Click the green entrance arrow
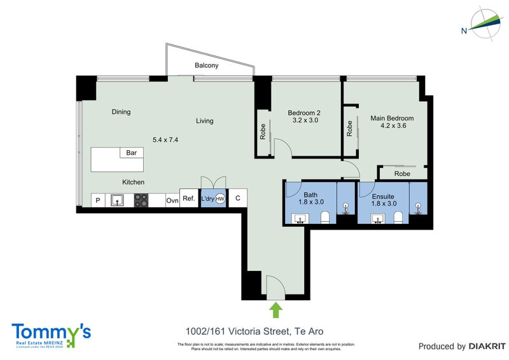(275, 310)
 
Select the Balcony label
(207, 66)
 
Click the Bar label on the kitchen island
(132, 153)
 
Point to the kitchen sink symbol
(117, 200)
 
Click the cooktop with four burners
(141, 200)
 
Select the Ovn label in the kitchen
(172, 200)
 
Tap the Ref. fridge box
(188, 198)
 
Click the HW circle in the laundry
(220, 199)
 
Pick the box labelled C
(237, 198)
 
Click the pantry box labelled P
(98, 200)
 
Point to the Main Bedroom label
(392, 118)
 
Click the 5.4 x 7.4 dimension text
(165, 139)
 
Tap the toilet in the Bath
(325, 218)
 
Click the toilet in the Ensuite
(398, 218)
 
